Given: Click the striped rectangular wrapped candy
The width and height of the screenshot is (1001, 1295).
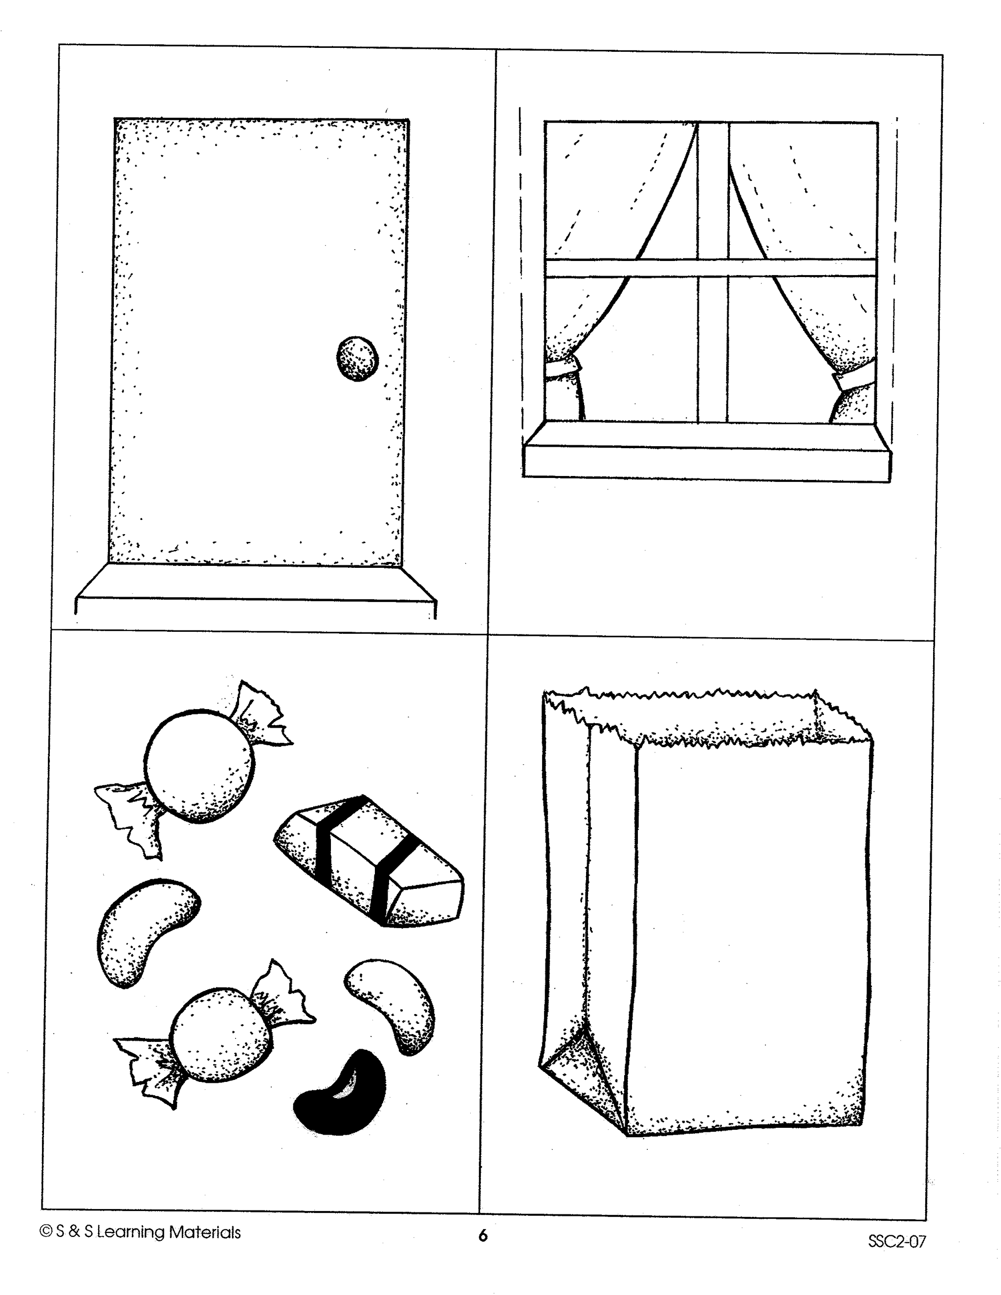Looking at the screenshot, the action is (x=369, y=861).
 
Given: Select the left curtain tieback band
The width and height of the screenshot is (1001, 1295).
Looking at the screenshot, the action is (x=562, y=369).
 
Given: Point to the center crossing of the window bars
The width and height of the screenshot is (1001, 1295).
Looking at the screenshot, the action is (x=712, y=267).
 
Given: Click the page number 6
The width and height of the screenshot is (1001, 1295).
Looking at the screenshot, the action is (x=483, y=1236).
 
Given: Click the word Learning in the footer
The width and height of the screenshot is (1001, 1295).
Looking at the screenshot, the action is (x=131, y=1233).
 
